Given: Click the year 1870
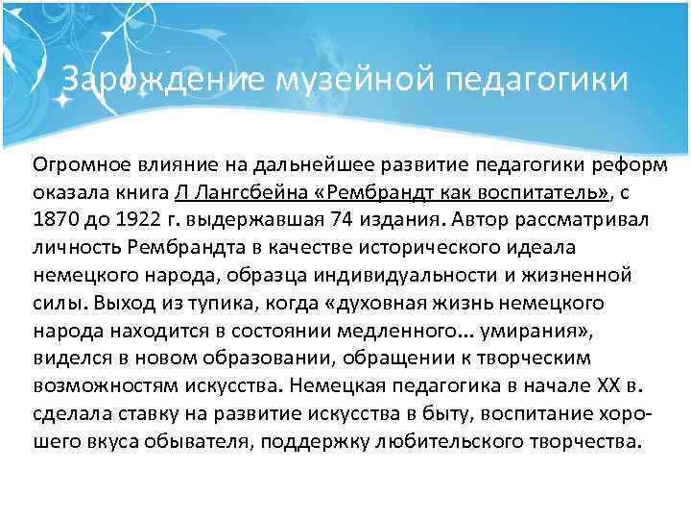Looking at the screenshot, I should click(x=55, y=218).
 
